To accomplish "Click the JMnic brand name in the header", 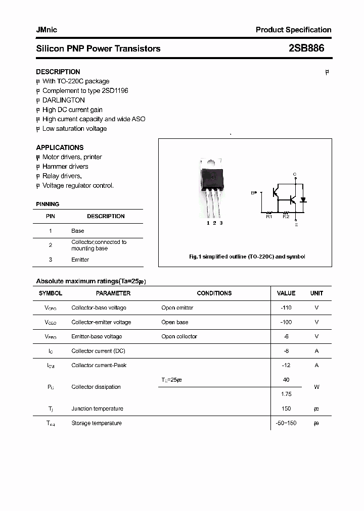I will (x=47, y=30).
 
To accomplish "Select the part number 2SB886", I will (x=306, y=48).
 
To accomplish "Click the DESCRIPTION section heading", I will (x=58, y=72).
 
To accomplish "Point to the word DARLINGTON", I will (x=64, y=100).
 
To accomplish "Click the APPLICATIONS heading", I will (x=60, y=147).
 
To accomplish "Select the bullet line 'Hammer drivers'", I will (x=65, y=166).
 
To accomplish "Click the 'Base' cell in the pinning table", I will (x=78, y=231).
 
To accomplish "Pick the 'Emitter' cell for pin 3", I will (x=80, y=260).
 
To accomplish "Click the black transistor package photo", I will (x=212, y=177).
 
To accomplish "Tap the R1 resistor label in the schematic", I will (x=269, y=217).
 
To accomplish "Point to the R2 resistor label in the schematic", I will (x=286, y=217).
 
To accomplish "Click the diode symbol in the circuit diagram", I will (x=303, y=199).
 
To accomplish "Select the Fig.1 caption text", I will (x=247, y=257).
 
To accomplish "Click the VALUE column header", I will (x=286, y=293).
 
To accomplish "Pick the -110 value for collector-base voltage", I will (x=286, y=308).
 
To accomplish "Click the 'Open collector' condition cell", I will (x=179, y=336).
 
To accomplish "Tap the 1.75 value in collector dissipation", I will (x=286, y=394).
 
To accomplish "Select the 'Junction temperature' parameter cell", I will (x=97, y=408).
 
